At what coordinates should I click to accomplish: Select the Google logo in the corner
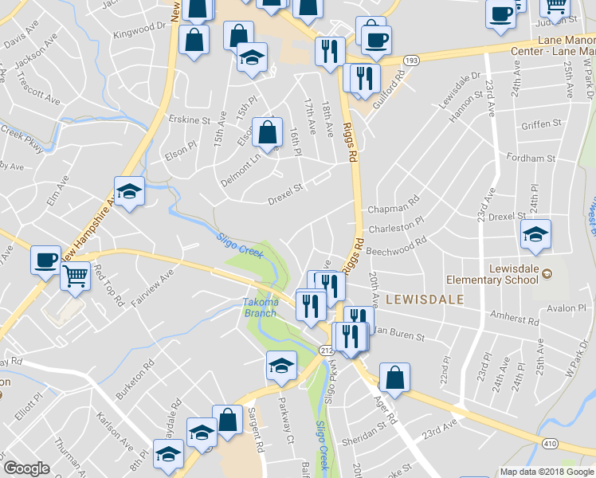(x=26, y=468)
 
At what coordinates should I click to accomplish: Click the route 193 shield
(x=410, y=60)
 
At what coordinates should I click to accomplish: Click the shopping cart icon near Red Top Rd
(x=74, y=276)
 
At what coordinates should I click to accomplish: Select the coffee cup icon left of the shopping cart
(x=45, y=259)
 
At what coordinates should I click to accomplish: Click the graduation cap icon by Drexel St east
(x=535, y=233)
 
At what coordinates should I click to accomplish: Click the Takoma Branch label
(x=261, y=308)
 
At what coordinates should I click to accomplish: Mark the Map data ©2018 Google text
(x=547, y=472)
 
